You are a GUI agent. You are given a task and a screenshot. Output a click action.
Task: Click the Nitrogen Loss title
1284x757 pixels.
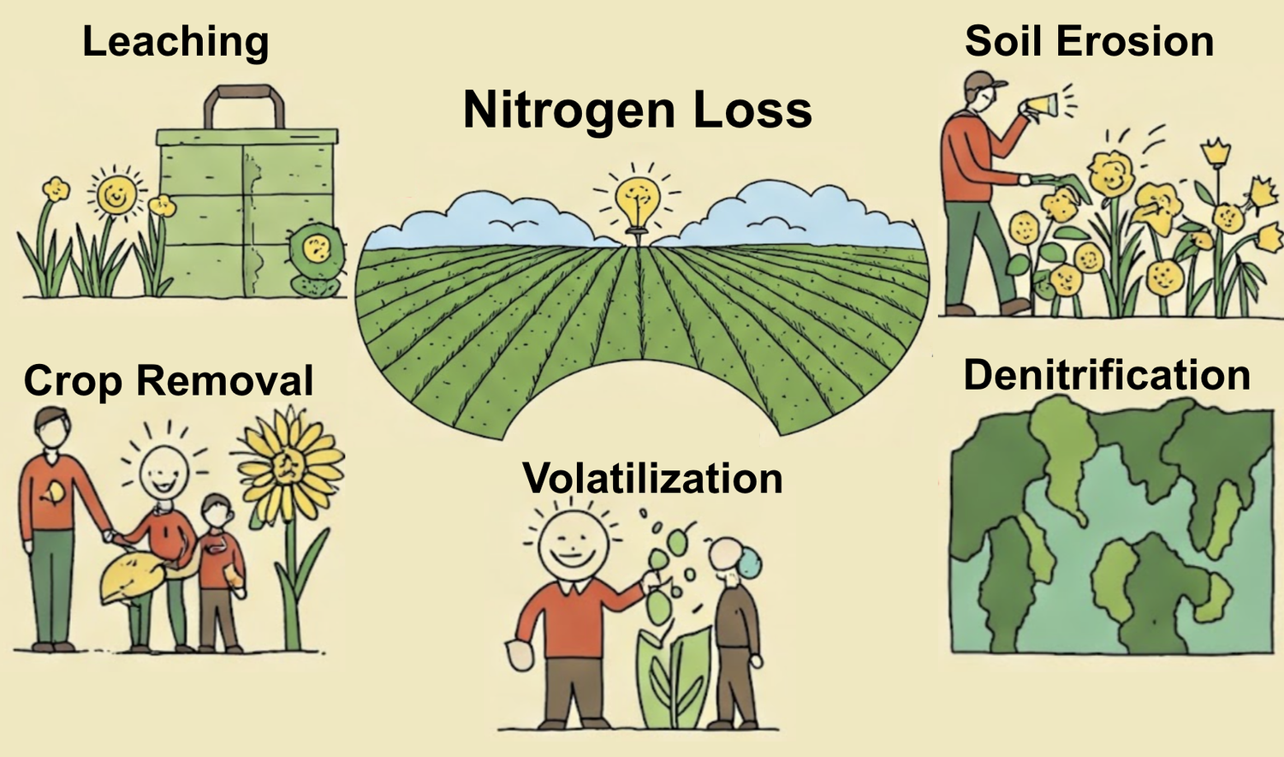coord(638,110)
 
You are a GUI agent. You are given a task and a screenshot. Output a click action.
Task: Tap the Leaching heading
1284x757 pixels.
coord(175,41)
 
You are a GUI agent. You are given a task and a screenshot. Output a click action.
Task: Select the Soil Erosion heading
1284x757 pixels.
coord(1089,41)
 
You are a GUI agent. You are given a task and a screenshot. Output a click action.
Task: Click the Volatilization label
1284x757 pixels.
coord(652,478)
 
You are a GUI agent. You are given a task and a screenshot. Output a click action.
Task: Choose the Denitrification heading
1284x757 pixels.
coord(1107,375)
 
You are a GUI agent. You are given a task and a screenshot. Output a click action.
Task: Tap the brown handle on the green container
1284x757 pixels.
coord(244,106)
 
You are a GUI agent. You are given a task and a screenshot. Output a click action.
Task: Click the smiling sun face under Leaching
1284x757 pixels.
coord(116,194)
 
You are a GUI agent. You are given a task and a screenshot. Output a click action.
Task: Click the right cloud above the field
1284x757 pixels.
coord(797,218)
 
